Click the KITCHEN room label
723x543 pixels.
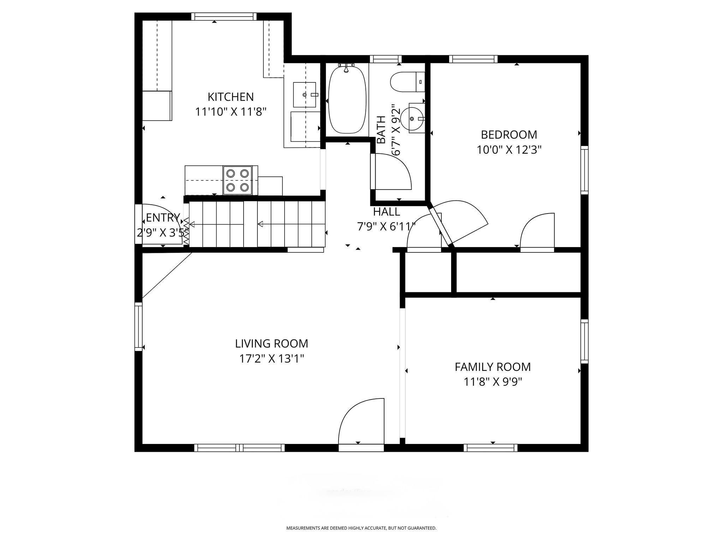click(231, 97)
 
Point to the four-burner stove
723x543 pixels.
click(237, 180)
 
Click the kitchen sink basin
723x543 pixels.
click(304, 95)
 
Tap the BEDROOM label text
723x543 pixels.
click(509, 135)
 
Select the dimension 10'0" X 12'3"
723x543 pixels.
click(509, 150)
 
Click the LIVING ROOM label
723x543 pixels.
click(271, 343)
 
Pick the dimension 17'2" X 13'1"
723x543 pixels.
click(271, 359)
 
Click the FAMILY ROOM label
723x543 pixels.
click(492, 367)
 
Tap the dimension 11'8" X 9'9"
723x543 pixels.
click(492, 382)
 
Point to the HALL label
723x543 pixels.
click(387, 212)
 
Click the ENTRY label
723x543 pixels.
click(163, 217)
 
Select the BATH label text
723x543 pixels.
click(381, 130)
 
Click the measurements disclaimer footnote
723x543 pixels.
click(361, 528)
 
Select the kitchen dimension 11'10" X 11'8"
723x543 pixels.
click(231, 112)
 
